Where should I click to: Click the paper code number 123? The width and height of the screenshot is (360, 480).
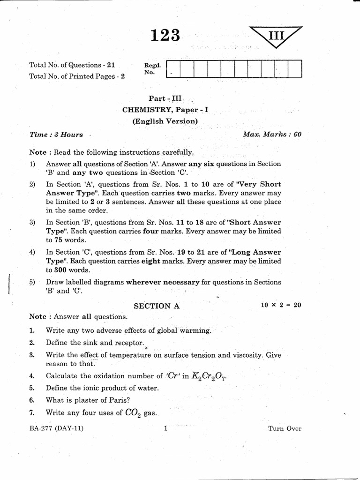165,36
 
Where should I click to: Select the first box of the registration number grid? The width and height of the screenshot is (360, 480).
173,68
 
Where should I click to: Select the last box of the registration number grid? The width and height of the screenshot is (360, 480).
295,68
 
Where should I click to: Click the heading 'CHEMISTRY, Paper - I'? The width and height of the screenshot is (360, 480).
165,110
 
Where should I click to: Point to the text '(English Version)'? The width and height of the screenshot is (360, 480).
165,121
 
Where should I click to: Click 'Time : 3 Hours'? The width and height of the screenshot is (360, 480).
56,135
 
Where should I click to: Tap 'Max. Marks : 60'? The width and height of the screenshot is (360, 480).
272,134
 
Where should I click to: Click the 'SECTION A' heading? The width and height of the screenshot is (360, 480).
157,306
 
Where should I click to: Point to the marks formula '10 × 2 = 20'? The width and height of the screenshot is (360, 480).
281,305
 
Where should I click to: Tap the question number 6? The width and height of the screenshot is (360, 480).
32,400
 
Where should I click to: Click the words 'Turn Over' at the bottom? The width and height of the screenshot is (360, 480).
285,428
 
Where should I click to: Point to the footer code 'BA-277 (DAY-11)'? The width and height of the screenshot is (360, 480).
56,428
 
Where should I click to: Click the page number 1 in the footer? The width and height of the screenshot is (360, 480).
165,428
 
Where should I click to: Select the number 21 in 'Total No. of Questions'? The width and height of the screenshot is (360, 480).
110,65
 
